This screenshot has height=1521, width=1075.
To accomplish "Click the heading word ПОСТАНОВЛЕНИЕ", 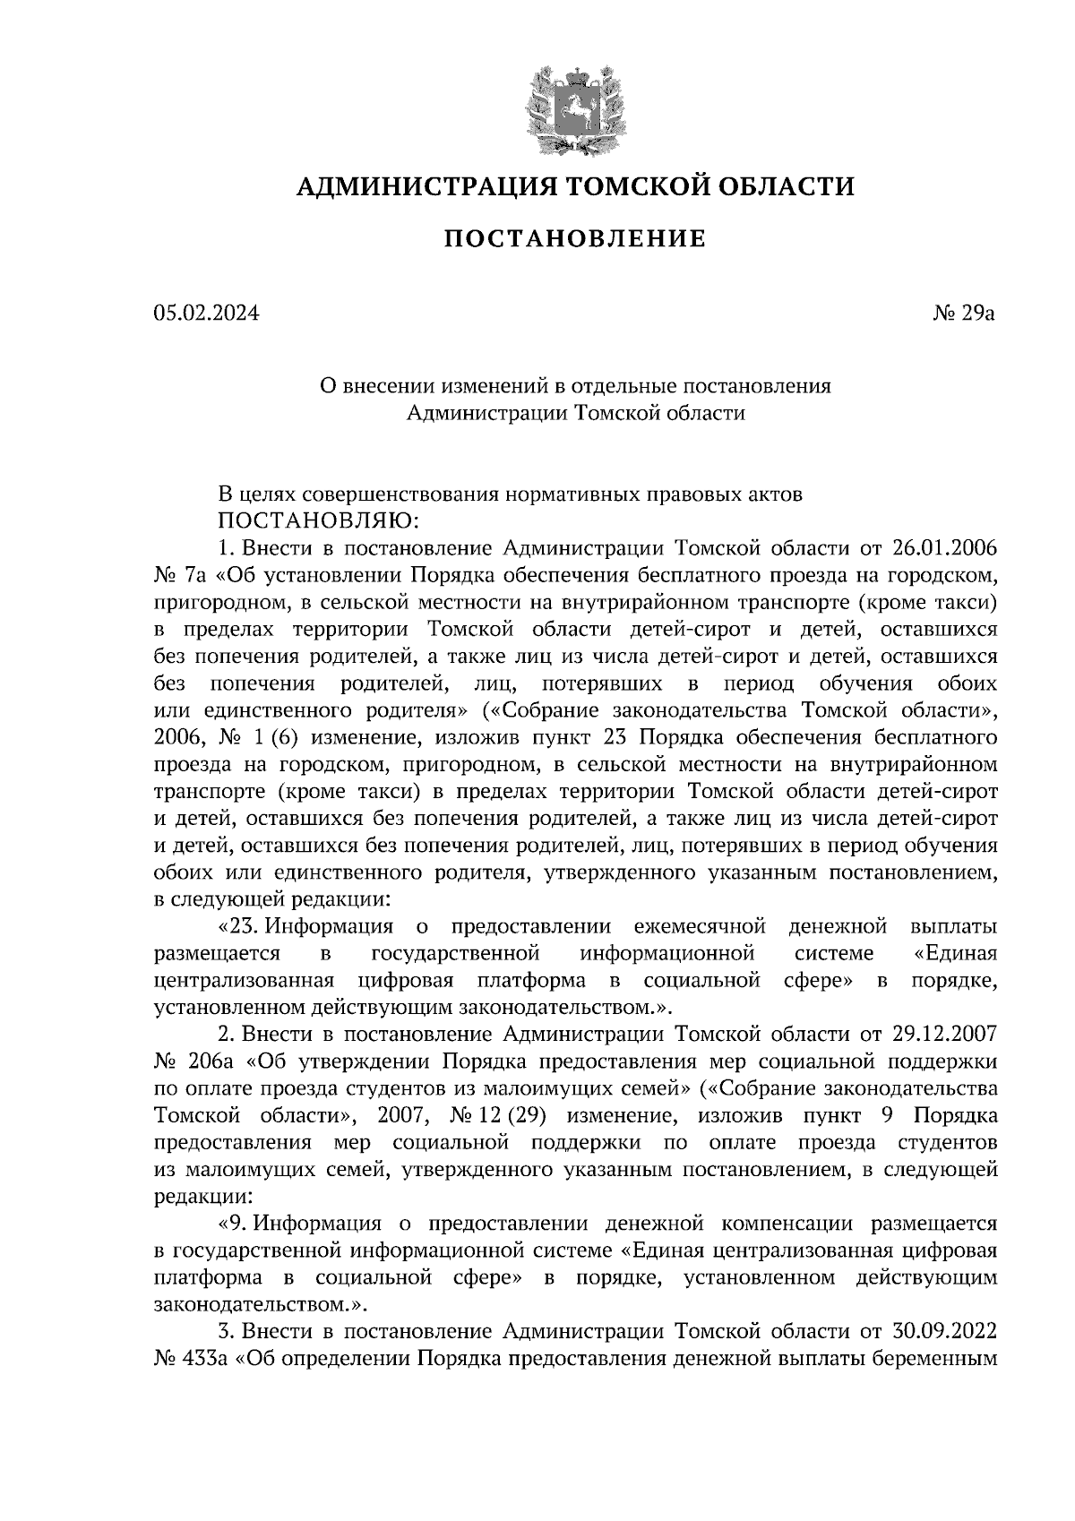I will pos(574,239).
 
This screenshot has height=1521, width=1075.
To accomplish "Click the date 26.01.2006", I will pos(945,547).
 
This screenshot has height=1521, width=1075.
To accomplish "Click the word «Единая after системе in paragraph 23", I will pos(954,952).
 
